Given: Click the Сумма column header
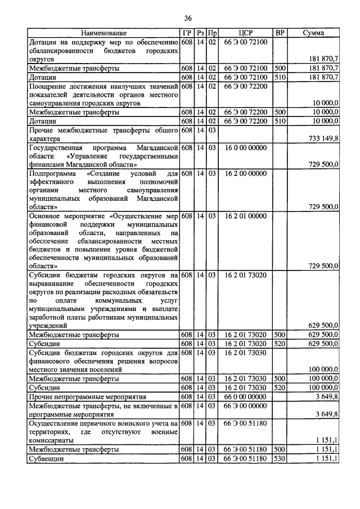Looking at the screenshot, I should point(313,33).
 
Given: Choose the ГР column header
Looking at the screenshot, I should point(187,33).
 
